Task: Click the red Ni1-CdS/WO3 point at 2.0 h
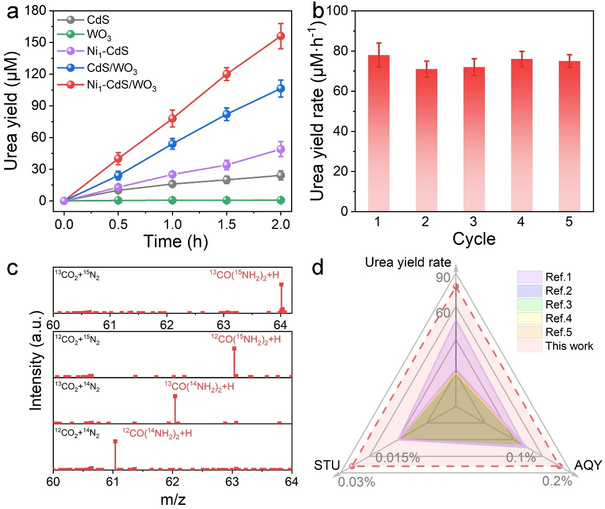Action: pyautogui.click(x=281, y=36)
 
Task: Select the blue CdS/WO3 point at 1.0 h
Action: pyautogui.click(x=172, y=144)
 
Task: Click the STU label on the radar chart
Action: pyautogui.click(x=327, y=466)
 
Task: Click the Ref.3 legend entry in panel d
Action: pyautogui.click(x=556, y=304)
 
